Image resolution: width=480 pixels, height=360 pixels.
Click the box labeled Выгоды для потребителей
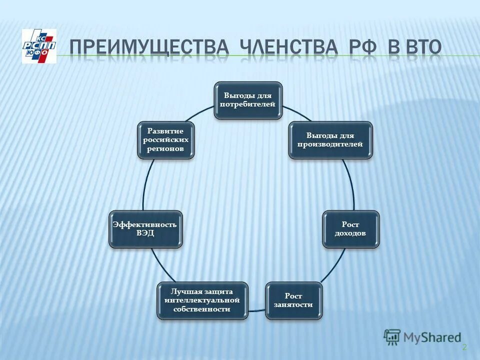click(248, 100)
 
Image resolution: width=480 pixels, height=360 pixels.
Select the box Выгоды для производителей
click(330, 140)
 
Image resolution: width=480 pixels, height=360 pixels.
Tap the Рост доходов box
click(350, 229)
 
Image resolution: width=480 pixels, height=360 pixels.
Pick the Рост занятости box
click(293, 300)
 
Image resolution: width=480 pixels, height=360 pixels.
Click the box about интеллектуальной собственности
click(202, 300)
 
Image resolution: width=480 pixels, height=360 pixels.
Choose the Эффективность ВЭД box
click(145, 229)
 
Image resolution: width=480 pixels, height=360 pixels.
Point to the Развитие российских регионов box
click(165, 140)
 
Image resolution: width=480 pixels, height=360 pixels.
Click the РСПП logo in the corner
click(39, 46)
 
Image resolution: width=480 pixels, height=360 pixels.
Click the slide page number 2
click(464, 347)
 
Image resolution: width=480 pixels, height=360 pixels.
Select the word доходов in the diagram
click(350, 233)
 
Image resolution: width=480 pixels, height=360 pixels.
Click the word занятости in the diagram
click(293, 304)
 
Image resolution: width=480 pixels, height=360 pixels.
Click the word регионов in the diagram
click(165, 149)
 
